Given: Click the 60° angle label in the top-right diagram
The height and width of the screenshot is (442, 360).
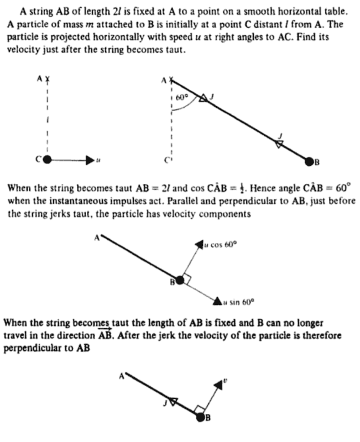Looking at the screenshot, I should (x=182, y=97).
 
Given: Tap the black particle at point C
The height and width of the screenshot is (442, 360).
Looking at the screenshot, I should (x=47, y=160).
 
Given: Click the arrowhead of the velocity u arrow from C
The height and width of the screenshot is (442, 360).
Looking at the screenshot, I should (x=89, y=160).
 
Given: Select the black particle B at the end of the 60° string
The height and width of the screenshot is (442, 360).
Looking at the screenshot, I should (x=309, y=161).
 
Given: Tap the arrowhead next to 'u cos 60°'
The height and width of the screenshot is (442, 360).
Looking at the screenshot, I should (x=199, y=244).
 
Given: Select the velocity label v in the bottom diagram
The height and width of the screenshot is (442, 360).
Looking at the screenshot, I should (x=225, y=381).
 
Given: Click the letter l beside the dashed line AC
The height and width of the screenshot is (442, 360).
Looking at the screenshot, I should (x=49, y=119).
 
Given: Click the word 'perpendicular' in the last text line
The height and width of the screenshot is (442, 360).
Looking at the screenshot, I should (x=29, y=349).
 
